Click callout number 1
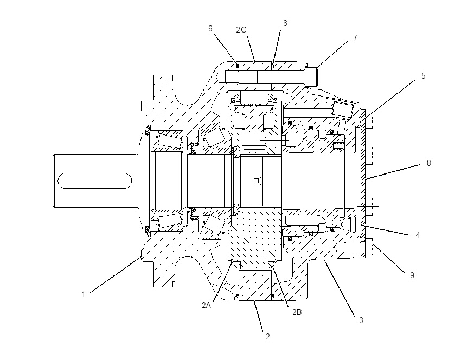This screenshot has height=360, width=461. point(84,294)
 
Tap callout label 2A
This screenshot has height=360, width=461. point(207,305)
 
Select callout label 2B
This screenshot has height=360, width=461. point(297,312)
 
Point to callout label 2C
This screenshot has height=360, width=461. point(241,30)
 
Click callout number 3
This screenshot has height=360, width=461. point(361,320)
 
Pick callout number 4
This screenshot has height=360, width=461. point(418,235)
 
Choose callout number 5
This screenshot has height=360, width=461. point(423,76)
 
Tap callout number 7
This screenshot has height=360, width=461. point(355,38)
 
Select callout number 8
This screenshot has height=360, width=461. point(428,163)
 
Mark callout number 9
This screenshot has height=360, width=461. point(412,275)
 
